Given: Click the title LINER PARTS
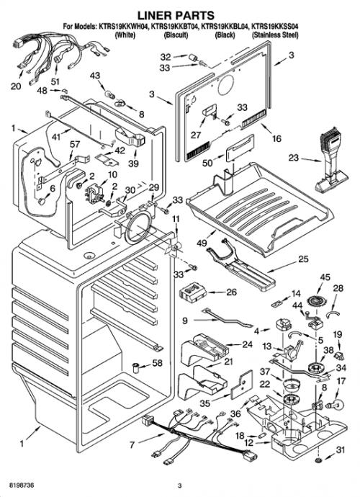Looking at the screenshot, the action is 176,15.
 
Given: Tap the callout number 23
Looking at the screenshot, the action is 294,157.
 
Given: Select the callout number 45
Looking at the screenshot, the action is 325,277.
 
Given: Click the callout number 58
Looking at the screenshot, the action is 158,362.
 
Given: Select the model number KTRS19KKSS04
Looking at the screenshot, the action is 274,27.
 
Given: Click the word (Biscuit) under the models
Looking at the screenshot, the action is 176,35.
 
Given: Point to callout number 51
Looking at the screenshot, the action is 55,81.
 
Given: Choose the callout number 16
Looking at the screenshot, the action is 276,138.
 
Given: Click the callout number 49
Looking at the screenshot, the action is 202,243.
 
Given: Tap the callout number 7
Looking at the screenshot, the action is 132,445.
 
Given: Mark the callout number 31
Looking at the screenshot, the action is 340,449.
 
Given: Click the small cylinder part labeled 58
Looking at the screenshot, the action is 137,368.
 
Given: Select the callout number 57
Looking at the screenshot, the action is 75,145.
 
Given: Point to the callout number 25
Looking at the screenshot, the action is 303,259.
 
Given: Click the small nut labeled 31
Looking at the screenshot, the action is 317,460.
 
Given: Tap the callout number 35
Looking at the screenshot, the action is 205,403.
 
